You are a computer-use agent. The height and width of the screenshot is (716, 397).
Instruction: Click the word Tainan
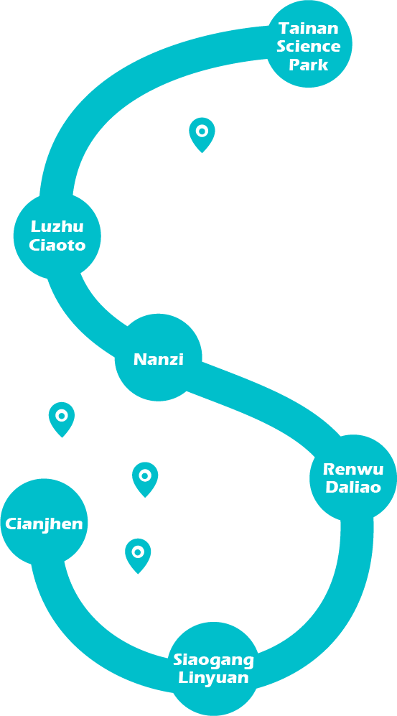click(x=309, y=28)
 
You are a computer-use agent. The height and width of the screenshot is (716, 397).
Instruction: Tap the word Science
click(x=309, y=46)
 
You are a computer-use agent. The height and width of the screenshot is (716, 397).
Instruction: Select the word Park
click(x=309, y=65)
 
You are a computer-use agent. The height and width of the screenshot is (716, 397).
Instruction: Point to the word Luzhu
click(x=57, y=226)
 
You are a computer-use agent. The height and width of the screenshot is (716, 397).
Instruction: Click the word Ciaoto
click(x=57, y=245)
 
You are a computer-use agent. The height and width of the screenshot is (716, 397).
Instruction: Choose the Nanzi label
click(x=159, y=359)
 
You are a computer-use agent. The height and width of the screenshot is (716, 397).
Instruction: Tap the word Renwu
click(x=353, y=469)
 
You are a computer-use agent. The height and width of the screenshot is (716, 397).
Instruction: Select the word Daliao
click(x=353, y=487)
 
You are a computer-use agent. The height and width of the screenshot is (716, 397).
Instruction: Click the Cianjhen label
click(x=44, y=524)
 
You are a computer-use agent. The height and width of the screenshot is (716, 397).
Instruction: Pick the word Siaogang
click(x=213, y=660)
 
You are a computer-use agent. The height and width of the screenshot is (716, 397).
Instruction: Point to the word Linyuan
click(x=213, y=678)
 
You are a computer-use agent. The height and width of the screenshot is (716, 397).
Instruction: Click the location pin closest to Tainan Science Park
click(x=202, y=134)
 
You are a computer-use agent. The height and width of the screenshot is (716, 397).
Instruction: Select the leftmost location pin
click(x=62, y=419)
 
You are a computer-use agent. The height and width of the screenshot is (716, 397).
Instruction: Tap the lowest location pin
click(x=138, y=555)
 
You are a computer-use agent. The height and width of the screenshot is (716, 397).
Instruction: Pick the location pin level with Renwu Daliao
click(x=145, y=479)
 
